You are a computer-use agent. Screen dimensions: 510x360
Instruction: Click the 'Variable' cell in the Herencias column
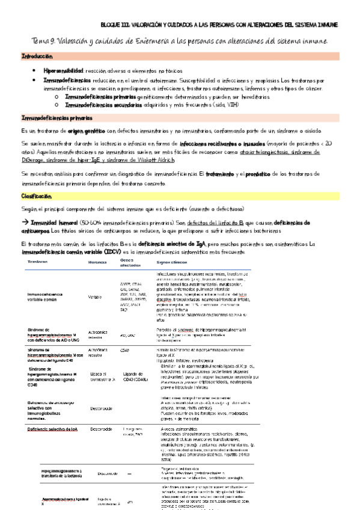[x=95, y=296]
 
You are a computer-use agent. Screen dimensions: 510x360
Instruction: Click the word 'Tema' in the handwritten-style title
[x=40, y=41]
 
